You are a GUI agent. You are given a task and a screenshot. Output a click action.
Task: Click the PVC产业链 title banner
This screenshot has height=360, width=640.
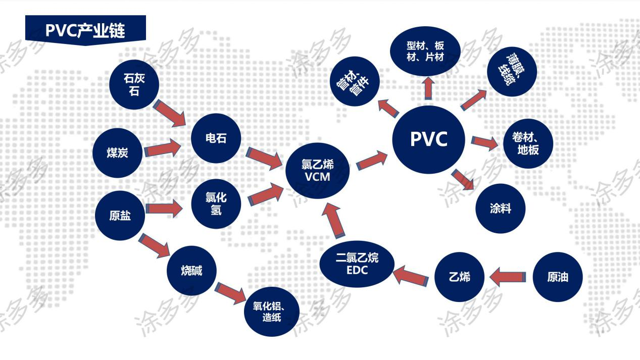click(85, 30)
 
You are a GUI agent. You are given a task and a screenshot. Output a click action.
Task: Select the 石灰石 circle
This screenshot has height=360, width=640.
click(134, 84)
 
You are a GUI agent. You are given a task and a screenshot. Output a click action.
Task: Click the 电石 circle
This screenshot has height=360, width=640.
click(216, 138)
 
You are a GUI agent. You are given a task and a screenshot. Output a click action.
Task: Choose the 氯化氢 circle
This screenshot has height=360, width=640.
click(216, 204)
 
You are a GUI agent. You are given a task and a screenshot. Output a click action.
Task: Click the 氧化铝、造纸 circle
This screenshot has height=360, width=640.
click(268, 312)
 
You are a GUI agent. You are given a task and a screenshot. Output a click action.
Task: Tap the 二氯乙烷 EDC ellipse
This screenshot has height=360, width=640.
click(357, 264)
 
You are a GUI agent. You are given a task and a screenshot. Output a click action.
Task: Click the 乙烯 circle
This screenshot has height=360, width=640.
click(459, 277)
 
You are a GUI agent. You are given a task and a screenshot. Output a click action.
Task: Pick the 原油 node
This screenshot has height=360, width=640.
click(558, 277)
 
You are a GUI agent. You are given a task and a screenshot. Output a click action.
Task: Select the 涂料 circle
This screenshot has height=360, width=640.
click(501, 209)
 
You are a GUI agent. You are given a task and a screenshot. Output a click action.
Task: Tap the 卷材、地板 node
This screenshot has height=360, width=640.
click(528, 144)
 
